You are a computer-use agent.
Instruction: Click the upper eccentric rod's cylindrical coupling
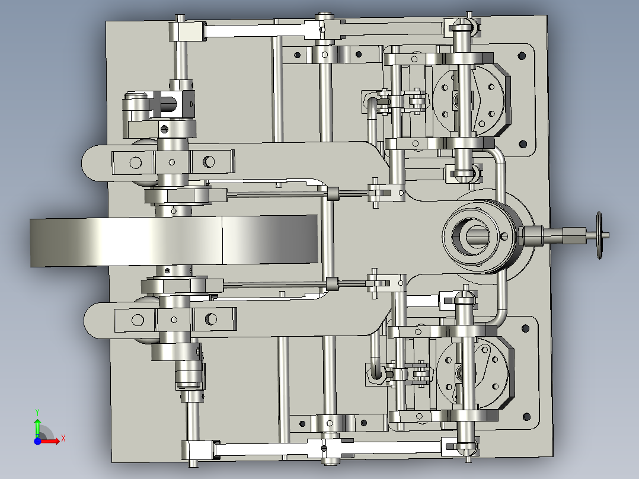point(333,193)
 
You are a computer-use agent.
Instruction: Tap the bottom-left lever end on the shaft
point(198,450)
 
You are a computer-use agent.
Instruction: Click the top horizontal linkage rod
point(255,30)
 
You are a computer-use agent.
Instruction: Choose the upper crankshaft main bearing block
point(172,161)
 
